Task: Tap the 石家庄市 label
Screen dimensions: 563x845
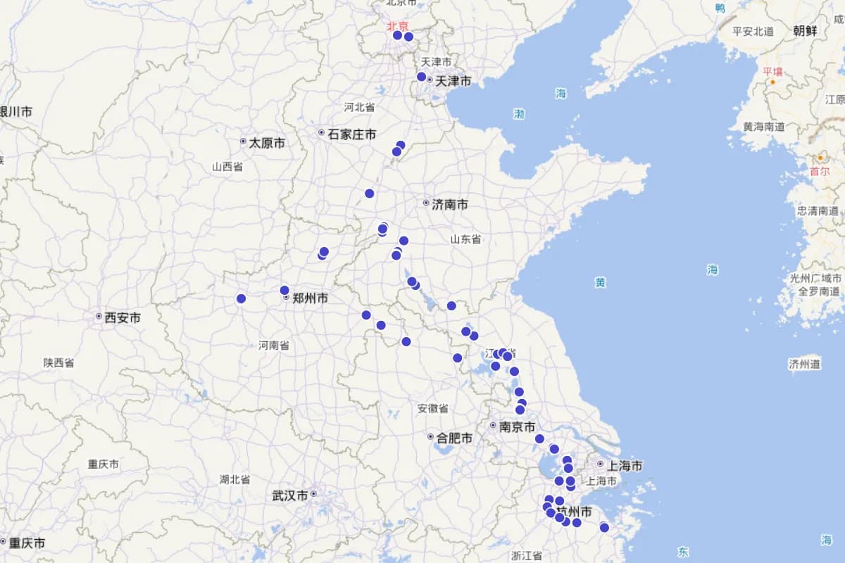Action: point(352,134)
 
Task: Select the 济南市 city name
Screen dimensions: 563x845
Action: point(450,205)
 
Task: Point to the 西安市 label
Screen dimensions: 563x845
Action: point(123,318)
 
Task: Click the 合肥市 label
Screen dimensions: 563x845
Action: point(454,438)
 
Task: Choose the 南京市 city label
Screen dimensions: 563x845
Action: point(517,427)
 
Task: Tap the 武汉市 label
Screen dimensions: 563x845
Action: point(290,495)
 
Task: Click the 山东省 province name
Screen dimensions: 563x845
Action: point(465,239)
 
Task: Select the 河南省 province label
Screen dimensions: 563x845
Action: point(274,346)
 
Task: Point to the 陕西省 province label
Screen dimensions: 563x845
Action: point(58,363)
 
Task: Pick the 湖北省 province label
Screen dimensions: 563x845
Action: point(234,479)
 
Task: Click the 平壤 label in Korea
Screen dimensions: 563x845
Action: point(772,71)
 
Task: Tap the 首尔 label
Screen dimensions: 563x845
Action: point(820,171)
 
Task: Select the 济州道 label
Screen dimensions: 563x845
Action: point(805,364)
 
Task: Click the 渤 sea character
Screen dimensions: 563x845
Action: point(519,114)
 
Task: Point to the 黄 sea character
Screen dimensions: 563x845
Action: point(600,282)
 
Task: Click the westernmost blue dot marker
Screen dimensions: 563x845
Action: point(241,298)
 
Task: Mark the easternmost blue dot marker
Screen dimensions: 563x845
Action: point(604,527)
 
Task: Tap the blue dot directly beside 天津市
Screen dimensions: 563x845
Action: point(421,77)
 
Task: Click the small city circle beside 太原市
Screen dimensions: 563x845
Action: point(244,141)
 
